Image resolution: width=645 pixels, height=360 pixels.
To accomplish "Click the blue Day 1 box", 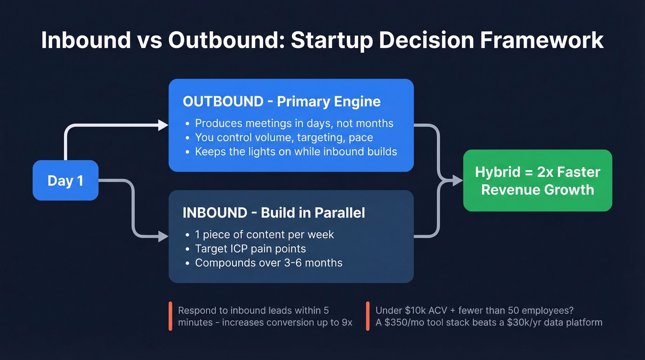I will pyautogui.click(x=65, y=180).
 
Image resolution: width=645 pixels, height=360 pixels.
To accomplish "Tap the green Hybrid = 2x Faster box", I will pyautogui.click(x=537, y=181).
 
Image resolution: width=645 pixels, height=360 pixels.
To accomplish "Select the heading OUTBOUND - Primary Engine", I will pyautogui.click(x=281, y=101).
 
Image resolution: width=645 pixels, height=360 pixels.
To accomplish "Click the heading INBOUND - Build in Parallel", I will pyautogui.click(x=274, y=212).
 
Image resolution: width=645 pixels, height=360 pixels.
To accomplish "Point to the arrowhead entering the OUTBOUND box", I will pyautogui.click(x=163, y=124).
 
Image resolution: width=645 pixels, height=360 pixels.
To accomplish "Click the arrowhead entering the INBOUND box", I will pyautogui.click(x=163, y=237).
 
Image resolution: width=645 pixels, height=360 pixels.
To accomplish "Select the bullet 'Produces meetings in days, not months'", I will pyautogui.click(x=294, y=123).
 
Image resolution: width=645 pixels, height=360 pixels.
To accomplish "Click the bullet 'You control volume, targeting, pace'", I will pyautogui.click(x=284, y=137).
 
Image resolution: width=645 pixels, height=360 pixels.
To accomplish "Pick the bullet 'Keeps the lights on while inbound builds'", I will pyautogui.click(x=296, y=152).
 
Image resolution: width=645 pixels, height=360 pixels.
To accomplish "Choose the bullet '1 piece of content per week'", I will pyautogui.click(x=264, y=234).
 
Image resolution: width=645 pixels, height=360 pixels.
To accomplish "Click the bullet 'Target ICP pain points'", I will pyautogui.click(x=250, y=248).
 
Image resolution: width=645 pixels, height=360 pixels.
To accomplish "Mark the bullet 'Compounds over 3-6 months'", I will pyautogui.click(x=269, y=263).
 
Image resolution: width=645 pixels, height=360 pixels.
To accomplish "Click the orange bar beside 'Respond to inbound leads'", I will pyautogui.click(x=170, y=316).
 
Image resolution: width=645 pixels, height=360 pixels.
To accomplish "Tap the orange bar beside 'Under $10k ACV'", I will pyautogui.click(x=368, y=316).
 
